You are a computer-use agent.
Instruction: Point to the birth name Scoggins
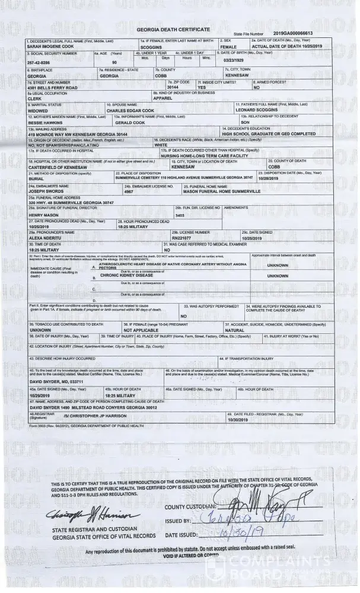(152, 46)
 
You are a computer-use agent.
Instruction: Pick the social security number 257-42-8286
(39, 62)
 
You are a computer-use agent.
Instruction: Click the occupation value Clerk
(34, 98)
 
